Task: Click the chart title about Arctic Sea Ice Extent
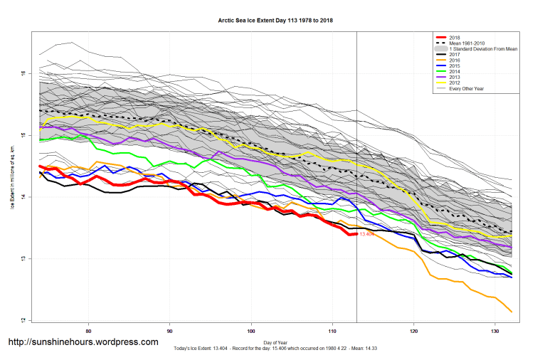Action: click(x=275, y=21)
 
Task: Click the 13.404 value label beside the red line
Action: click(x=367, y=234)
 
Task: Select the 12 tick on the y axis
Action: click(x=24, y=319)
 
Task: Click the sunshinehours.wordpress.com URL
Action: click(x=83, y=342)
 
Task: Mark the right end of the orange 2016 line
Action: click(x=512, y=312)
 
